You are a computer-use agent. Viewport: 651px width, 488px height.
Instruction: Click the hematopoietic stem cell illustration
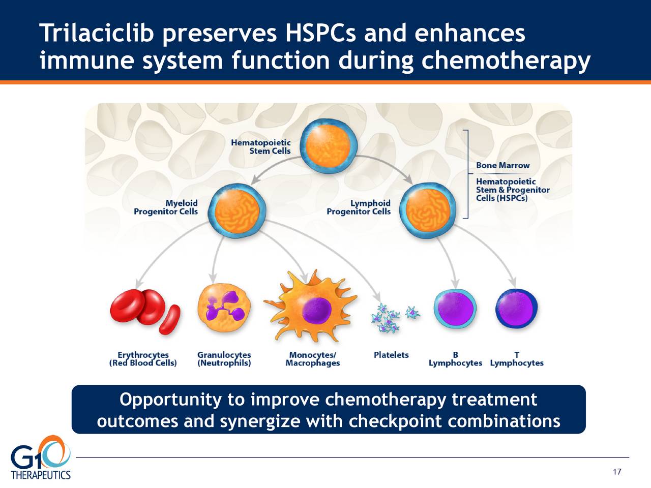pyautogui.click(x=329, y=146)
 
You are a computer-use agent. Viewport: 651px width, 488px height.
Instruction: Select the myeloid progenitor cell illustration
pyautogui.click(x=236, y=210)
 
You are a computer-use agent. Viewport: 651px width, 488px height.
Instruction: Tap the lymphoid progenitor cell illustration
pyautogui.click(x=428, y=210)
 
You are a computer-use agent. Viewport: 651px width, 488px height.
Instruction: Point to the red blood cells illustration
pyautogui.click(x=145, y=312)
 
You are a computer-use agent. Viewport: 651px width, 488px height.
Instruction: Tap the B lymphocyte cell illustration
pyautogui.click(x=455, y=309)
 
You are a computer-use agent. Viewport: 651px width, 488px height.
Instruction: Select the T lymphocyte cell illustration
pyautogui.click(x=516, y=309)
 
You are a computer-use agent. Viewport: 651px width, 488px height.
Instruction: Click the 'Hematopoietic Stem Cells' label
pyautogui.click(x=261, y=147)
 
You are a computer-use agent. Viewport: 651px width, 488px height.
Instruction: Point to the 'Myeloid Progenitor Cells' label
pyautogui.click(x=166, y=207)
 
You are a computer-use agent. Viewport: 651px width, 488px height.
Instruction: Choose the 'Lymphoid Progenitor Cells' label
pyautogui.click(x=359, y=207)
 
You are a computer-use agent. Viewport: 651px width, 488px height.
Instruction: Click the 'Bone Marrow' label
pyautogui.click(x=502, y=165)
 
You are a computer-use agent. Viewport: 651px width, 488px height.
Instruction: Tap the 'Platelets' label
pyautogui.click(x=391, y=355)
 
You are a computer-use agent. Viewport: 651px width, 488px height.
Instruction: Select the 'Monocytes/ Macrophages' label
pyautogui.click(x=313, y=359)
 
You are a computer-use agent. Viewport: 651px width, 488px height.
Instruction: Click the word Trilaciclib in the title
pyautogui.click(x=97, y=33)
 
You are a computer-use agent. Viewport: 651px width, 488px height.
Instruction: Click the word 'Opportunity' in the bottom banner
pyautogui.click(x=170, y=400)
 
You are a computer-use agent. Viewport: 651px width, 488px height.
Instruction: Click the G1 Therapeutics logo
pyautogui.click(x=41, y=458)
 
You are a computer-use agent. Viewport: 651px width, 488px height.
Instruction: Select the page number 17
pyautogui.click(x=617, y=472)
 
